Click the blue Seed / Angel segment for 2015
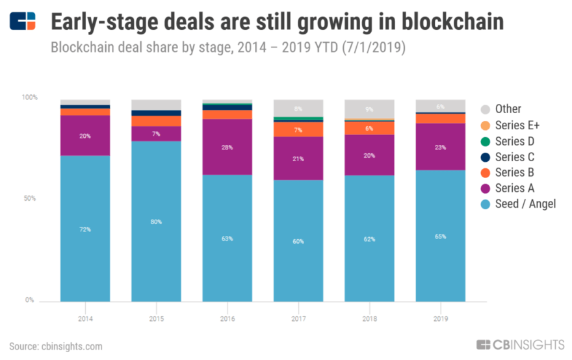156,221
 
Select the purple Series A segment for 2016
227,147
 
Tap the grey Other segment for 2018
369,109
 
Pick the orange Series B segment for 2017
298,129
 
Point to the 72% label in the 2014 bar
85,229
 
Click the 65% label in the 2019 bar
440,237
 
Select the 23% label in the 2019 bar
440,147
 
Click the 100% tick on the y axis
30,97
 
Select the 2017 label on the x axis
298,319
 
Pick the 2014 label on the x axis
85,319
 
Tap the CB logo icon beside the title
23,21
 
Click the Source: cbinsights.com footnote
56,346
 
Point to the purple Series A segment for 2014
85,136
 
